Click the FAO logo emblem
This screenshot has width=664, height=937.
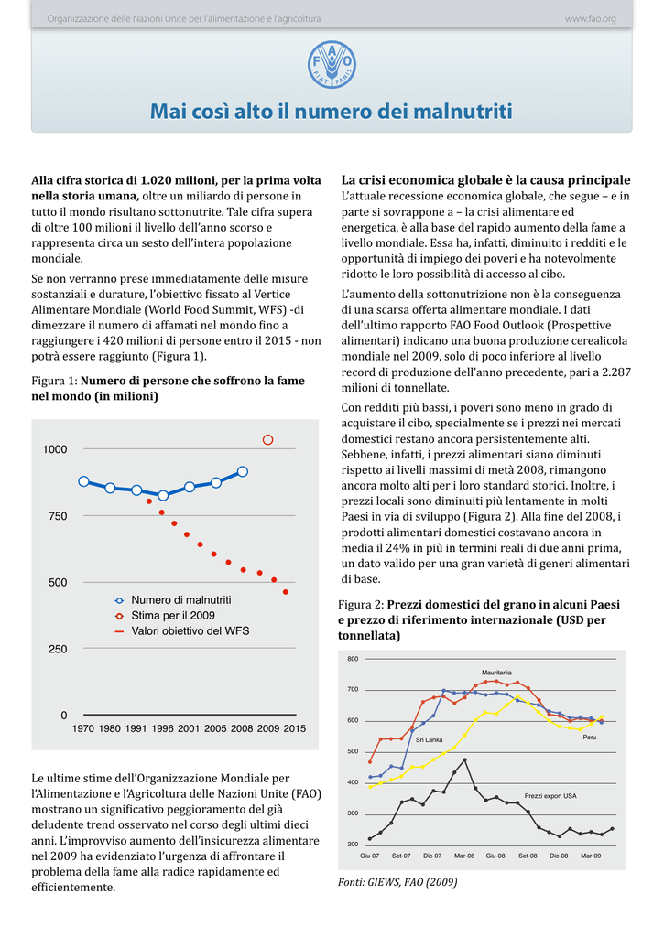coord(332,65)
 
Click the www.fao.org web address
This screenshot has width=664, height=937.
coord(591,19)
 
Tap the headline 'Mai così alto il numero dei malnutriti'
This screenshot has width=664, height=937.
coord(332,111)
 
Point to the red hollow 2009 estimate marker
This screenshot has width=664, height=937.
coord(268,440)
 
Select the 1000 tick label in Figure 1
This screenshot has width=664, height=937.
coord(55,449)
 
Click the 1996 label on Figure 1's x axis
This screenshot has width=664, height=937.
coord(163,728)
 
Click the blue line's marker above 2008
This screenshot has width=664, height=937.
coord(243,471)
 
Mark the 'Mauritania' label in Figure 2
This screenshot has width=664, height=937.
coord(496,673)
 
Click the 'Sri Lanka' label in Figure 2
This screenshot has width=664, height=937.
coord(429,739)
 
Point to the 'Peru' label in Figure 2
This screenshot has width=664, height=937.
coord(590,737)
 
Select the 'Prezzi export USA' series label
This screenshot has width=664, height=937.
coord(550,796)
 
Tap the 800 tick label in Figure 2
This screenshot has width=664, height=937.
coord(353,659)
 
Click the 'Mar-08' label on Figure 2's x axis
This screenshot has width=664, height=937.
coord(464,856)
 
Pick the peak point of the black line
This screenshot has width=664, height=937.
coord(465,759)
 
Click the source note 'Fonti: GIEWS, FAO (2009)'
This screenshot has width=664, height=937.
coord(397,882)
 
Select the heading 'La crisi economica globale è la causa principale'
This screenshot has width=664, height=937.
coord(485,180)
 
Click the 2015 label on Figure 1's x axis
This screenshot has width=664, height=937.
coord(294,728)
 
